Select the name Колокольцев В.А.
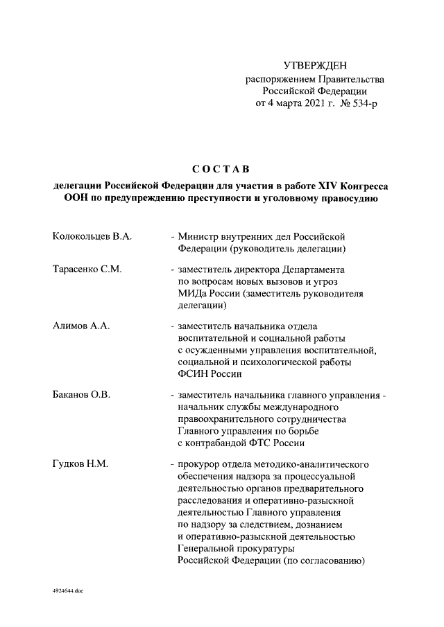(x=92, y=237)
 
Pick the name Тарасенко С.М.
(x=87, y=270)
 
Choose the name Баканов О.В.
(x=82, y=394)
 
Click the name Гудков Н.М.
(x=80, y=463)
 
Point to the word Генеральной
(x=208, y=549)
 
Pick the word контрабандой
(x=215, y=443)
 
